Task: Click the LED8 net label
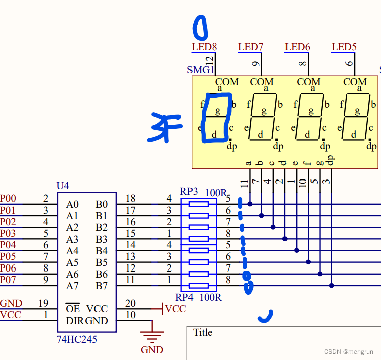coord(204,47)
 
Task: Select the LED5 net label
coord(344,47)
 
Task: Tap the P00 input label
coord(8,199)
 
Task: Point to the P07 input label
coord(8,280)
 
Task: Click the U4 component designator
coord(63,186)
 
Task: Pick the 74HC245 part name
coord(77,340)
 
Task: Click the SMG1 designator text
coord(201,70)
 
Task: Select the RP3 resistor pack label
coord(189,192)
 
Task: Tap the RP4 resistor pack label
coord(185,297)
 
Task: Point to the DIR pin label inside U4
coord(75,321)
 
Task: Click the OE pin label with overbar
coord(72,309)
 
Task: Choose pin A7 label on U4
coord(72,286)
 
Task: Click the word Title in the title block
coord(203,332)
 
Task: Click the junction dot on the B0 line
coord(250,204)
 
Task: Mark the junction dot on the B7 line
coord(331,286)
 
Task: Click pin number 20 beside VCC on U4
coord(130,303)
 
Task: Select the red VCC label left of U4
coord(11,315)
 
